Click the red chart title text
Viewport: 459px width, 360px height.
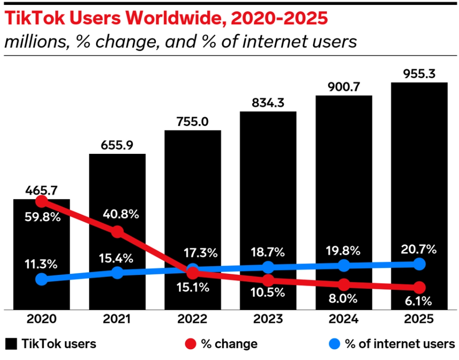(166, 18)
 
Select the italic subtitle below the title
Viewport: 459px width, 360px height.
(180, 42)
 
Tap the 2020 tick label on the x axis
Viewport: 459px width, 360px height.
(42, 319)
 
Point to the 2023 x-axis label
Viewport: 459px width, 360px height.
(268, 319)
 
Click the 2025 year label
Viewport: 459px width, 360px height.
(419, 319)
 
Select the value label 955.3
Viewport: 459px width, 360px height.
(419, 74)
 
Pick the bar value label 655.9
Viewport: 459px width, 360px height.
(117, 145)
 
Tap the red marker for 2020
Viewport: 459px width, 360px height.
(42, 201)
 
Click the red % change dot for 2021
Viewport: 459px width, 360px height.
(117, 231)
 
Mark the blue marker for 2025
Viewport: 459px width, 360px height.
(419, 264)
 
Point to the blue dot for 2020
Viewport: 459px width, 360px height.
(42, 279)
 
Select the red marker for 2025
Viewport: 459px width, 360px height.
(419, 287)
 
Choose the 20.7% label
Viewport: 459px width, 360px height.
(419, 249)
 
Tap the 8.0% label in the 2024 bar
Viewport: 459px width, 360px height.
(343, 299)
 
